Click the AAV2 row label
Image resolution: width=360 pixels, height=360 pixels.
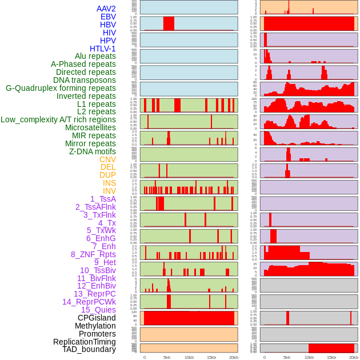[106, 9]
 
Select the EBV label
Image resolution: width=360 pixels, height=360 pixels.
[108, 17]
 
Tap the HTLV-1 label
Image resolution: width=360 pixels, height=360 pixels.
[103, 49]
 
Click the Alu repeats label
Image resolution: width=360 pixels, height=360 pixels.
[95, 56]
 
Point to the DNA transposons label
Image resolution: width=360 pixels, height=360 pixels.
[85, 80]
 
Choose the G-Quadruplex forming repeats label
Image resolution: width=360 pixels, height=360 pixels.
[61, 88]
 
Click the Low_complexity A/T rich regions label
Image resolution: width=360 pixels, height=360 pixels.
[58, 119]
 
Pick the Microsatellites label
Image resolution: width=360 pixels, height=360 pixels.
[90, 127]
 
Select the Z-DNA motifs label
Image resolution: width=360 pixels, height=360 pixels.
[93, 151]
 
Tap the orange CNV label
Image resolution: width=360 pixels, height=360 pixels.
[107, 159]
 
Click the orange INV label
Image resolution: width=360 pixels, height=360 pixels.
[109, 191]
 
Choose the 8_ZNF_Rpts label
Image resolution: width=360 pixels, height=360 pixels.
[93, 254]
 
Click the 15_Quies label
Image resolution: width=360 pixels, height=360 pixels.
[98, 310]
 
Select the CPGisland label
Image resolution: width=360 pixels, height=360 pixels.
[97, 318]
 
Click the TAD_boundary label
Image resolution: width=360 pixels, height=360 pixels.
[89, 349]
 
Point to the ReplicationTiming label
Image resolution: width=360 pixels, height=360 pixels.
[85, 342]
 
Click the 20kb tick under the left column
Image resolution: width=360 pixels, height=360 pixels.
[234, 357]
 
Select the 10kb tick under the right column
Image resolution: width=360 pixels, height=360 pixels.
[309, 357]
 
